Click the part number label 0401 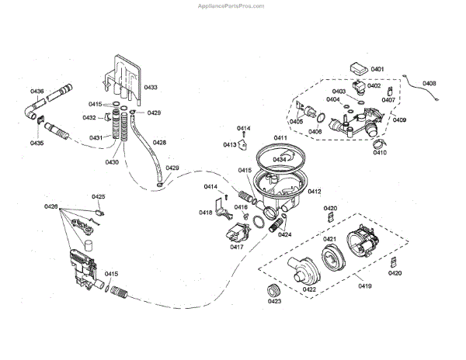pos(377,70)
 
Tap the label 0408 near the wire pos(429,83)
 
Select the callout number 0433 pos(151,87)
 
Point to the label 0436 pos(37,92)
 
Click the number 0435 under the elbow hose pos(37,143)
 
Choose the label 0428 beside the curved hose pos(159,142)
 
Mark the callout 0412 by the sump pos(314,191)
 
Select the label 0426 pos(51,206)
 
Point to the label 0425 pos(99,197)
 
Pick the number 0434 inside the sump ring pos(278,159)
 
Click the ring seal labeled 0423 pos(273,291)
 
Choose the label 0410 pos(380,152)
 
